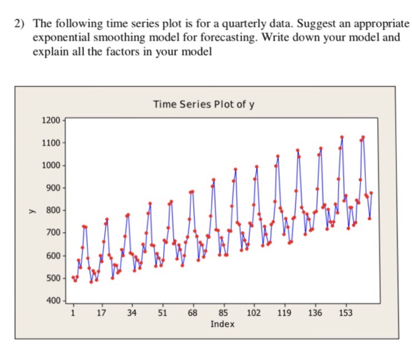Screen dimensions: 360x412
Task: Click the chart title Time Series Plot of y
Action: (204, 105)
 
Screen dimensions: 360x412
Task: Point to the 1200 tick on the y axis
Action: (51, 121)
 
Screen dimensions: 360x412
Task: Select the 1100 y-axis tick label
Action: (51, 143)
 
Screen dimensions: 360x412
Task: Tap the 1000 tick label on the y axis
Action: (51, 165)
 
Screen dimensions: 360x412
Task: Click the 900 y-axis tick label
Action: (52, 188)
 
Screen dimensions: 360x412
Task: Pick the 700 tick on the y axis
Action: (52, 234)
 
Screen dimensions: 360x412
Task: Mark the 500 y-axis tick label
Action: (52, 278)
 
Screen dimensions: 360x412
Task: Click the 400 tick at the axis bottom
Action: (52, 301)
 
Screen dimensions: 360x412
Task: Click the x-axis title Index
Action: (222, 324)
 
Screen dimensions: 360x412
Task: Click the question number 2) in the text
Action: (21, 24)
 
